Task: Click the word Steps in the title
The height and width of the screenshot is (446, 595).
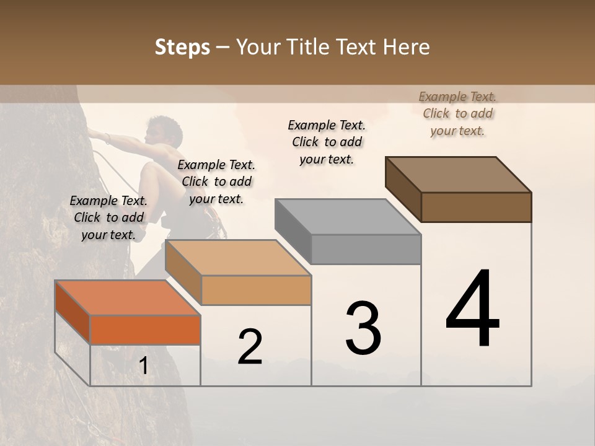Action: pyautogui.click(x=182, y=47)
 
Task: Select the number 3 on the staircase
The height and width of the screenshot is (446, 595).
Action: pyautogui.click(x=363, y=328)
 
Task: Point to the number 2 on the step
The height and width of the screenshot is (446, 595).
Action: pyautogui.click(x=250, y=347)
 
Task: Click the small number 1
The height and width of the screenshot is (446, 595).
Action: pyautogui.click(x=144, y=366)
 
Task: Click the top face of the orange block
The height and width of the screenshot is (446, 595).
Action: pyautogui.click(x=127, y=297)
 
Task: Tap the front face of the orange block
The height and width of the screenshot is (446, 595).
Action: pyautogui.click(x=145, y=330)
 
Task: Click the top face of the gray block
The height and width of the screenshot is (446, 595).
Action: pyautogui.click(x=348, y=217)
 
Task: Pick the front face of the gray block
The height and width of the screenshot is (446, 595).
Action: pyautogui.click(x=366, y=249)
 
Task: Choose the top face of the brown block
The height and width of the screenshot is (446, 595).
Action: pyautogui.click(x=458, y=174)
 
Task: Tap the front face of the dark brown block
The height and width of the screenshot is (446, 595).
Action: pyautogui.click(x=476, y=207)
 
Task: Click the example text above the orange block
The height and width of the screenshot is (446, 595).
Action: pyautogui.click(x=108, y=217)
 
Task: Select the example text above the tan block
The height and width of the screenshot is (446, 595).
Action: pyautogui.click(x=216, y=181)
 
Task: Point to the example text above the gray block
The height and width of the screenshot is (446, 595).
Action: pyautogui.click(x=327, y=142)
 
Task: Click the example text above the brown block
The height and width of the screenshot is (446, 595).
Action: pyautogui.click(x=457, y=113)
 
